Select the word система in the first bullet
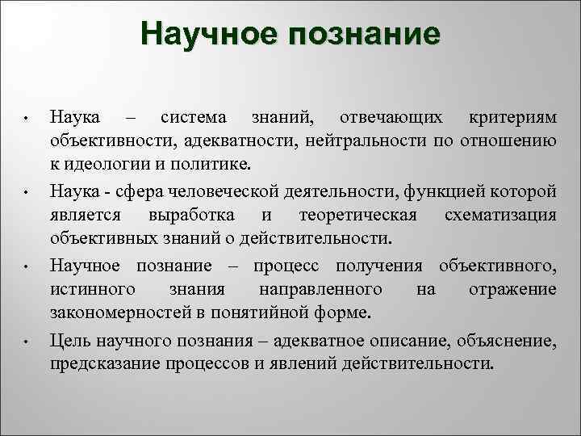pyautogui.click(x=193, y=118)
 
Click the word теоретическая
pyautogui.click(x=357, y=216)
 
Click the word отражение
pyautogui.click(x=512, y=289)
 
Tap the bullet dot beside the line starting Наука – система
pyautogui.click(x=26, y=120)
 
